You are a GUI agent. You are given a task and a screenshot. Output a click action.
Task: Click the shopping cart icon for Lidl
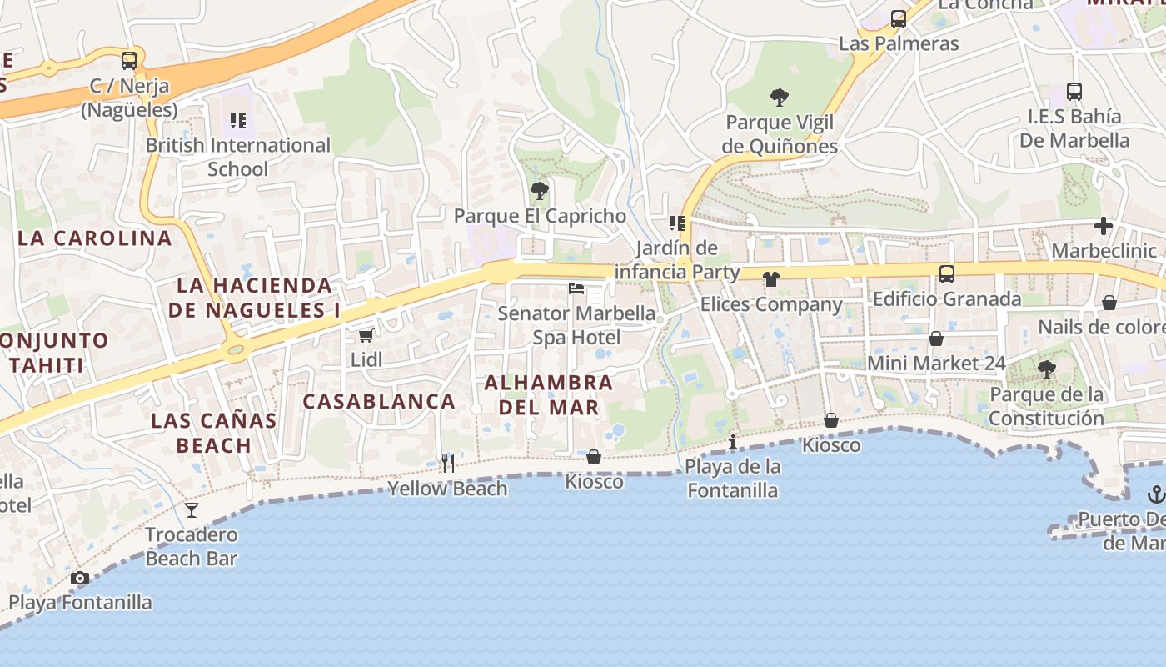click(x=366, y=335)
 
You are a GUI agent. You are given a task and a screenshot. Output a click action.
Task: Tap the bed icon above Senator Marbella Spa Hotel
click(x=576, y=289)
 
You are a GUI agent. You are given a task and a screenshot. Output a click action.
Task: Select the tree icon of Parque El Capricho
click(x=540, y=191)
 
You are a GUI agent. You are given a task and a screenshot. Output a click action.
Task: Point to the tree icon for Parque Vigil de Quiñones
click(x=780, y=98)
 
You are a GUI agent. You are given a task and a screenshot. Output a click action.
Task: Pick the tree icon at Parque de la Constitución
click(x=1046, y=369)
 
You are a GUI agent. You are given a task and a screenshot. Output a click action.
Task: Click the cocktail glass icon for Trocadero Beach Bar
click(x=192, y=509)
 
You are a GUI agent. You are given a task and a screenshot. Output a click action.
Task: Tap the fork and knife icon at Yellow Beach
click(x=448, y=464)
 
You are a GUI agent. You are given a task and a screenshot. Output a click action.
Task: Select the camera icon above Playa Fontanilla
click(x=80, y=578)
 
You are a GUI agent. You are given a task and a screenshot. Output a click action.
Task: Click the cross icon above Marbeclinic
click(x=1104, y=226)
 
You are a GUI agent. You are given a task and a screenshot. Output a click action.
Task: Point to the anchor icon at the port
click(x=1155, y=494)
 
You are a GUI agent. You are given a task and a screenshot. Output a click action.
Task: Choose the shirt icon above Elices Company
click(x=771, y=279)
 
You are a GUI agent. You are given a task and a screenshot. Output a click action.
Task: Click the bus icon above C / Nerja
click(x=129, y=61)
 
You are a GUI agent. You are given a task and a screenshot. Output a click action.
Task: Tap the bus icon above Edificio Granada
click(x=947, y=274)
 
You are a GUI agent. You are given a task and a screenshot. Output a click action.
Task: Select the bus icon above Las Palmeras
click(x=899, y=19)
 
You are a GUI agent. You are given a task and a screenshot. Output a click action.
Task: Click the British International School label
click(x=238, y=157)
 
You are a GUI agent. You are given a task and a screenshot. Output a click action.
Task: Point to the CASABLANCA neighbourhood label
click(x=379, y=401)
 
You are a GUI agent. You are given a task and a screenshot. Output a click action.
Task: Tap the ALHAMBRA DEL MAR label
click(x=549, y=394)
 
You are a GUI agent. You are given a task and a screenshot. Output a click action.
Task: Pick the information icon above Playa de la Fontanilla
click(x=733, y=441)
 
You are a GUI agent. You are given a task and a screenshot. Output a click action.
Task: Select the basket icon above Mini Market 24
click(x=936, y=339)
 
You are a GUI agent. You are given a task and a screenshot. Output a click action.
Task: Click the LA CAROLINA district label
click(x=95, y=238)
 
